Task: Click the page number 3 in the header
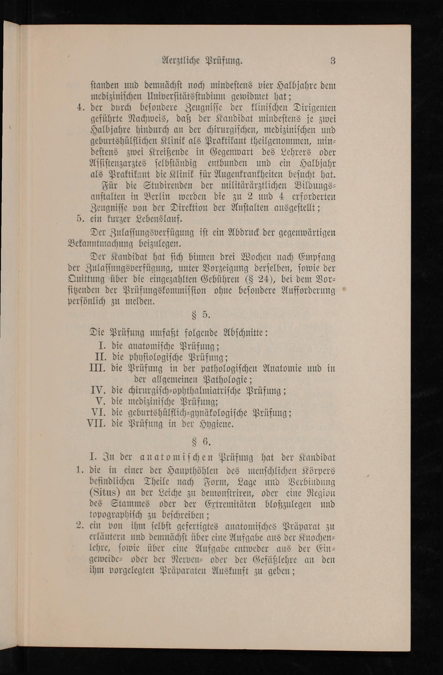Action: (333, 61)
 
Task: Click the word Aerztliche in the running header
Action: (180, 61)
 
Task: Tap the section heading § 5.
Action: (201, 315)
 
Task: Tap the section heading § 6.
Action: (201, 442)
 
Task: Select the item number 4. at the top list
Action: (81, 108)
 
